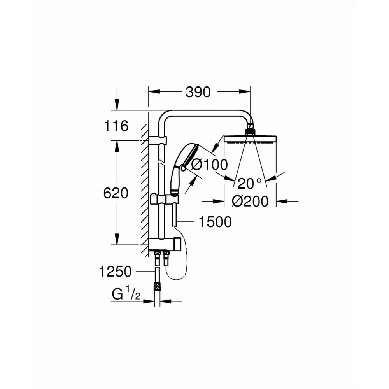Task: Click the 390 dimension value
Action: [198, 92]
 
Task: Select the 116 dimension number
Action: [116, 126]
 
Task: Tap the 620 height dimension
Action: [116, 193]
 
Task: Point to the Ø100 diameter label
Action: [210, 165]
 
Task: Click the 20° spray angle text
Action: [250, 183]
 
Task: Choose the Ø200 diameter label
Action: [250, 201]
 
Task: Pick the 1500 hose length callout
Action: [215, 222]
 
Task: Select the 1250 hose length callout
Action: [115, 272]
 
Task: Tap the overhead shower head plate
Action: [250, 139]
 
